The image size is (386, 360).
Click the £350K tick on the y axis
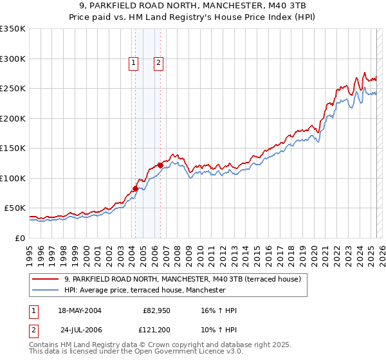13,29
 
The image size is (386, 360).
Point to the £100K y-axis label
13,178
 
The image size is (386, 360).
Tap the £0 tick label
21,238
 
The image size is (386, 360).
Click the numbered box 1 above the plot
133,62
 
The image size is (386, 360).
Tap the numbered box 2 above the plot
158,62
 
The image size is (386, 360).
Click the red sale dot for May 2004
136,188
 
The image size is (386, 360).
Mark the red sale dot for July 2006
160,165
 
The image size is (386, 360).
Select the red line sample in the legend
46,279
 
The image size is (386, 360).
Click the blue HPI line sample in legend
46,290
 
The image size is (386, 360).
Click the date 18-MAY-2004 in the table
80,310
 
